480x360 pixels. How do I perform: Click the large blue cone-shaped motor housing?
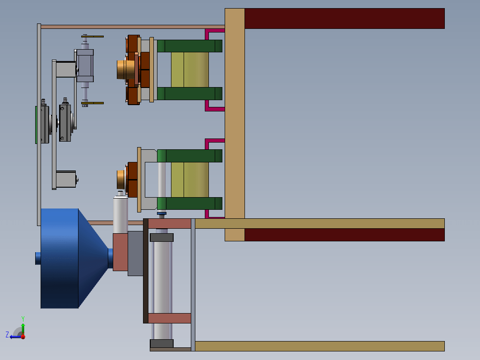[x=74, y=258]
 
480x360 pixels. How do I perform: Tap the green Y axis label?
[x=23, y=318]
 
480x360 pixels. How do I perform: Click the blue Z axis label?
[x=7, y=334]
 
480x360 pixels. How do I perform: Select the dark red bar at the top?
[x=344, y=18]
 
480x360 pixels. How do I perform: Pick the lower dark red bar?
[x=344, y=235]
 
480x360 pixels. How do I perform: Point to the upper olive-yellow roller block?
[x=190, y=70]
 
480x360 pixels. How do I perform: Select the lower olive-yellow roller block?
[x=190, y=180]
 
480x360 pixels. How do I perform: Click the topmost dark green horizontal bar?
[x=190, y=46]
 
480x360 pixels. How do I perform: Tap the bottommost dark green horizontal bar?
[x=190, y=203]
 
